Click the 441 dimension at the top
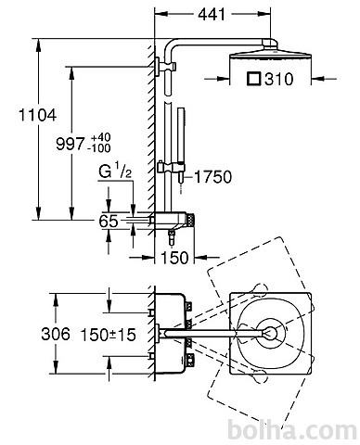[212, 14]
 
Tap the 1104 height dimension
[38, 115]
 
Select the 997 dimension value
[71, 144]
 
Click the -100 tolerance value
[99, 148]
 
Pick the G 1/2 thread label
[115, 171]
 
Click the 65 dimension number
[109, 221]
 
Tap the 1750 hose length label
[212, 177]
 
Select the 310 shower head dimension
[278, 79]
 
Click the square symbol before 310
[254, 79]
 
